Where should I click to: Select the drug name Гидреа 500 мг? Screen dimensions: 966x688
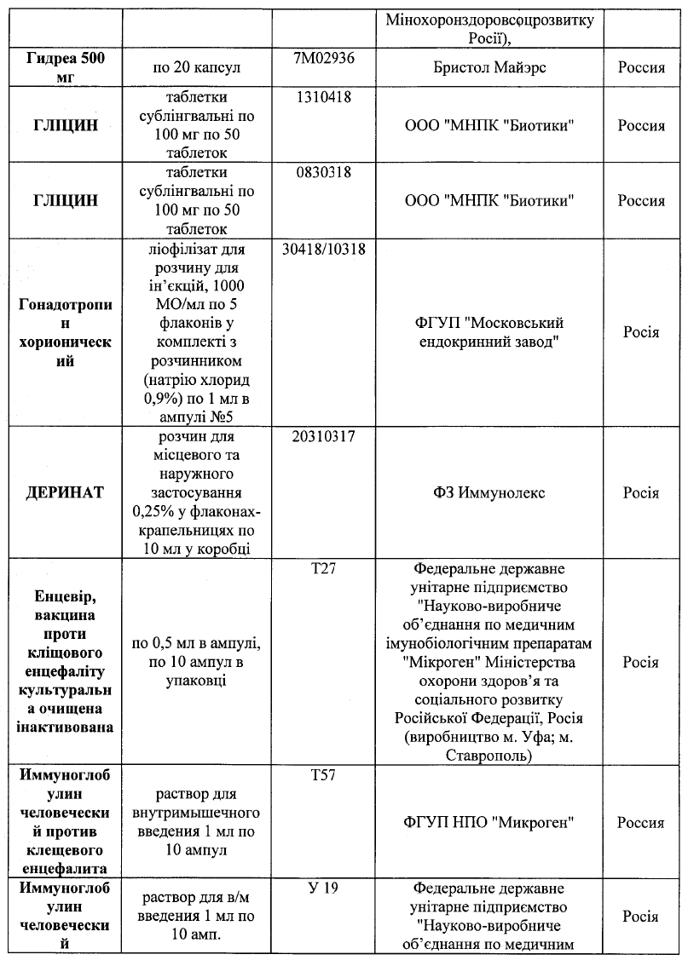click(x=66, y=66)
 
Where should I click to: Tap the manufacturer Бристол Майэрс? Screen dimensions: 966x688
click(x=494, y=67)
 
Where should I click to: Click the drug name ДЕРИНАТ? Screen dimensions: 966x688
click(x=66, y=492)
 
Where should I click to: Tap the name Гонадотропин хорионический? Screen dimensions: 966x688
click(x=66, y=332)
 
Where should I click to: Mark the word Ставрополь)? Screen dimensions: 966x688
click(x=489, y=756)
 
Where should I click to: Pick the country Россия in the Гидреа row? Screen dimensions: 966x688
click(x=641, y=67)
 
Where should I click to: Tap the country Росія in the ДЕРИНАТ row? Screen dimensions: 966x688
click(x=641, y=492)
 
